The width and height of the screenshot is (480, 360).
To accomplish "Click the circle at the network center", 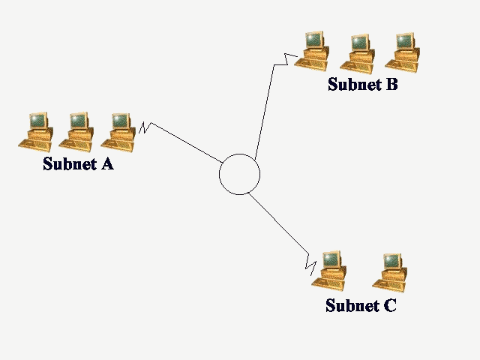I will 239,174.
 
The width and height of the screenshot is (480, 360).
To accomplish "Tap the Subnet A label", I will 78,163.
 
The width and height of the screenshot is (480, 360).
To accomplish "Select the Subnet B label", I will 362,84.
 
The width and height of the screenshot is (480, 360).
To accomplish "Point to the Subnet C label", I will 360,305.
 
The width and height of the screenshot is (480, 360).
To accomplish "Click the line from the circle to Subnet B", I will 264,112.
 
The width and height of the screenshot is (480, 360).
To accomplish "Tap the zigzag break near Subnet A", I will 144,128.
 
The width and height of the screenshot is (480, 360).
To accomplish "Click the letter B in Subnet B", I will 391,84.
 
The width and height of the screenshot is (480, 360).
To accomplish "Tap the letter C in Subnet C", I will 388,305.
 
